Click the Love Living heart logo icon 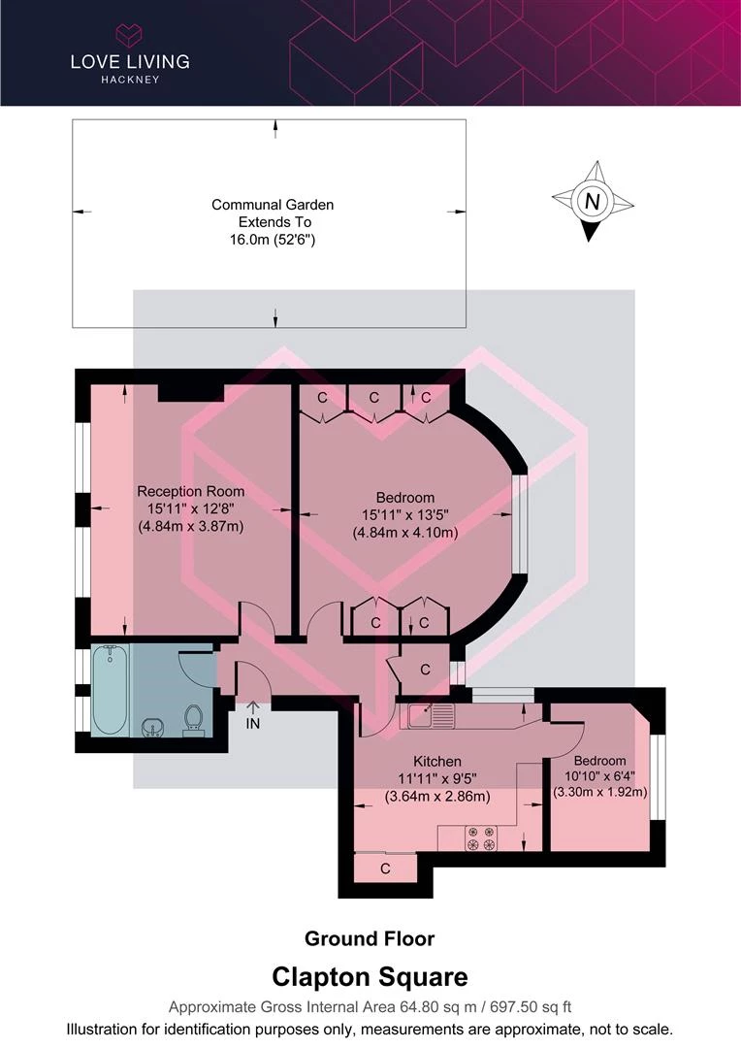(130, 35)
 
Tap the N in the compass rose (592, 201)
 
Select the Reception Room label (191, 491)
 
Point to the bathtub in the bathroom (110, 689)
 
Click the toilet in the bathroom (194, 720)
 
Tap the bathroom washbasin (154, 728)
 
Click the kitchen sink (427, 716)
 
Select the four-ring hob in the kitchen (481, 838)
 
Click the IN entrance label (252, 723)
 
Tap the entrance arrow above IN (252, 707)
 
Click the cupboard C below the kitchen (386, 868)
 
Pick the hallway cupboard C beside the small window (425, 670)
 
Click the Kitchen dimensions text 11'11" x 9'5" (437, 778)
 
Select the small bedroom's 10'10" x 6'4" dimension (599, 776)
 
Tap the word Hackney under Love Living (130, 80)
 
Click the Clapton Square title (370, 977)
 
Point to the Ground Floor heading (370, 938)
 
